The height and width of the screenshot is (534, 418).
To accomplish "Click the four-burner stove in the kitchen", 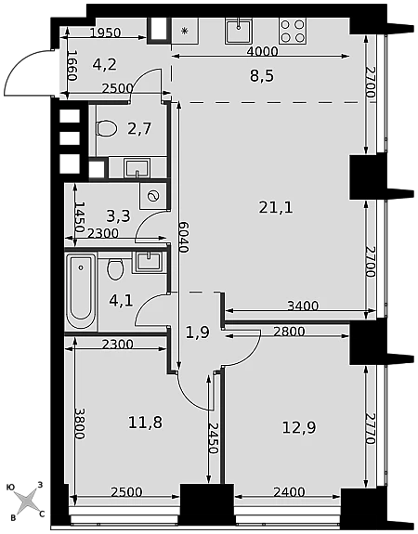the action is [293, 31].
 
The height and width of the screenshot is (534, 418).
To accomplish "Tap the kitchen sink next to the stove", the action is [239, 31].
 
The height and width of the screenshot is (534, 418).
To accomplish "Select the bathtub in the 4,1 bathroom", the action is [81, 292].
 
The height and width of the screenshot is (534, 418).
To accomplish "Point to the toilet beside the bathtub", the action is [115, 269].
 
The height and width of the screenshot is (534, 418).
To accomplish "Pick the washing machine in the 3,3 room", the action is [153, 196].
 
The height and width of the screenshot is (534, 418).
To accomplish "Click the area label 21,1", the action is [276, 207].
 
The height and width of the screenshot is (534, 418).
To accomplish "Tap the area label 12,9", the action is [299, 427].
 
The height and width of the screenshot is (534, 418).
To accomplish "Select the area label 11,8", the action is [146, 423].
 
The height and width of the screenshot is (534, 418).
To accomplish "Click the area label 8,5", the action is [262, 76].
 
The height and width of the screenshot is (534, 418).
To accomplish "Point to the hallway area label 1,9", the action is [198, 332].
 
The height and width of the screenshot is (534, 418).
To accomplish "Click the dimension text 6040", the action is [183, 237].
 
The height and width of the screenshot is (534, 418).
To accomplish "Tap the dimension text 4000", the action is [262, 51].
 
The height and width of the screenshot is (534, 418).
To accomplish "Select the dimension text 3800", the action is [81, 423].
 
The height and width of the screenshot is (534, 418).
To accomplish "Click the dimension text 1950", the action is [105, 33].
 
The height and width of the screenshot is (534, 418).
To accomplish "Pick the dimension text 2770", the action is [370, 428].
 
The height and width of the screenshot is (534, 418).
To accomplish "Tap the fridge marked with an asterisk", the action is [184, 31].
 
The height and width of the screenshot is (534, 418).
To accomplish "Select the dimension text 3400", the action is [303, 306].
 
